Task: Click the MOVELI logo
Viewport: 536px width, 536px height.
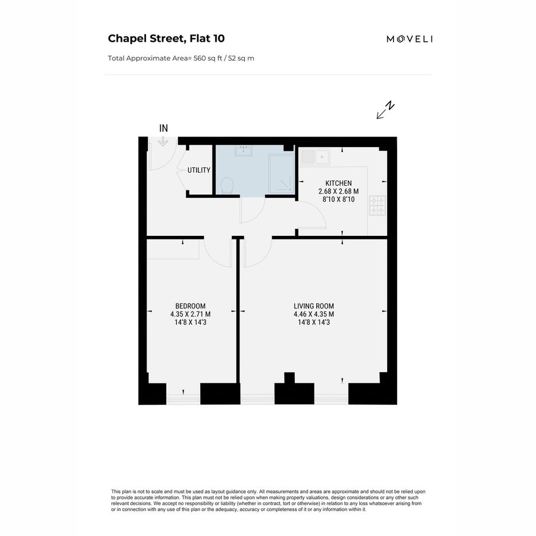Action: [x=410, y=39]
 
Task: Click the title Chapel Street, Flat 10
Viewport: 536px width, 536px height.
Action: [x=166, y=38]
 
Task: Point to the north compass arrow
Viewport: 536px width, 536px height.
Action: [x=385, y=110]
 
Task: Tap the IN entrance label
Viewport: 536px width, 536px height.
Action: [x=164, y=128]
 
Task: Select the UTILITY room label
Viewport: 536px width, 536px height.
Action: [x=198, y=170]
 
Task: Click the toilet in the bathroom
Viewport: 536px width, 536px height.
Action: [x=227, y=186]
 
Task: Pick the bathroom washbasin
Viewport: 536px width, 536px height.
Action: [x=244, y=151]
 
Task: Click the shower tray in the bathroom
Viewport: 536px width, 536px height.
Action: [x=282, y=174]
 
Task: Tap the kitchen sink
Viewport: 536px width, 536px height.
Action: [x=315, y=157]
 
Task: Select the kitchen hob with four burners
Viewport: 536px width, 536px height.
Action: [x=378, y=205]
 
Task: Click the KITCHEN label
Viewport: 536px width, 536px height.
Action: [x=338, y=183]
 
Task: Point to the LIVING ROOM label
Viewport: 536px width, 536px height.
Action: [x=314, y=306]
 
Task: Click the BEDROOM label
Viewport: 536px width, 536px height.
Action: [x=191, y=306]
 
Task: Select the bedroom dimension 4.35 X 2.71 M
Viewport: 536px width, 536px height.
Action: [x=191, y=314]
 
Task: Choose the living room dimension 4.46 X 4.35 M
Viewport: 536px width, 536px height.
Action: [x=314, y=314]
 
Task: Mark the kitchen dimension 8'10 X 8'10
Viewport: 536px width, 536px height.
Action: [x=338, y=200]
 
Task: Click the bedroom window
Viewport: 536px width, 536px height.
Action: [x=183, y=399]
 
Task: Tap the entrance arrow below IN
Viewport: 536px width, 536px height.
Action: [x=163, y=142]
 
